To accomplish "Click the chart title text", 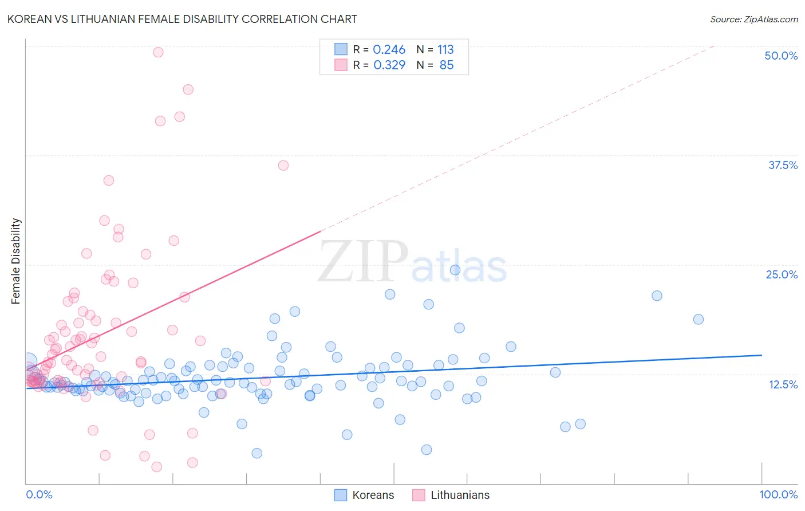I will point(182,19).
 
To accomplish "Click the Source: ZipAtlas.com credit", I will point(753,19).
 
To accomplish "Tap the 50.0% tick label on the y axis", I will point(781,56).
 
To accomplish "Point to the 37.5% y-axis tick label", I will point(783,165).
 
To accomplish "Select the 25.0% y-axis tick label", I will point(782,274).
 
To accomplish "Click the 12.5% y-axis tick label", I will point(783,384).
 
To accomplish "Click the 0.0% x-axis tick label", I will point(39,494).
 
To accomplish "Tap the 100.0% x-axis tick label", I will point(778,494).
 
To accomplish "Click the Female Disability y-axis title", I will point(16,261).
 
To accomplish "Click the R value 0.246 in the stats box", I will point(389,50).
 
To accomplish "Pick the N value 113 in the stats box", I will point(445,50).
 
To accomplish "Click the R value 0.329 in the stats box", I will point(389,65).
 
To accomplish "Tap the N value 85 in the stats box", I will point(446,65).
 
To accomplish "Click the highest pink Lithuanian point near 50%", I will point(158,52).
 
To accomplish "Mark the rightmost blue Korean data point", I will point(698,320).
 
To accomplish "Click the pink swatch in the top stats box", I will point(341,65).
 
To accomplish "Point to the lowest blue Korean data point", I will point(257,453).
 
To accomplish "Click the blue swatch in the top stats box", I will point(341,49).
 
